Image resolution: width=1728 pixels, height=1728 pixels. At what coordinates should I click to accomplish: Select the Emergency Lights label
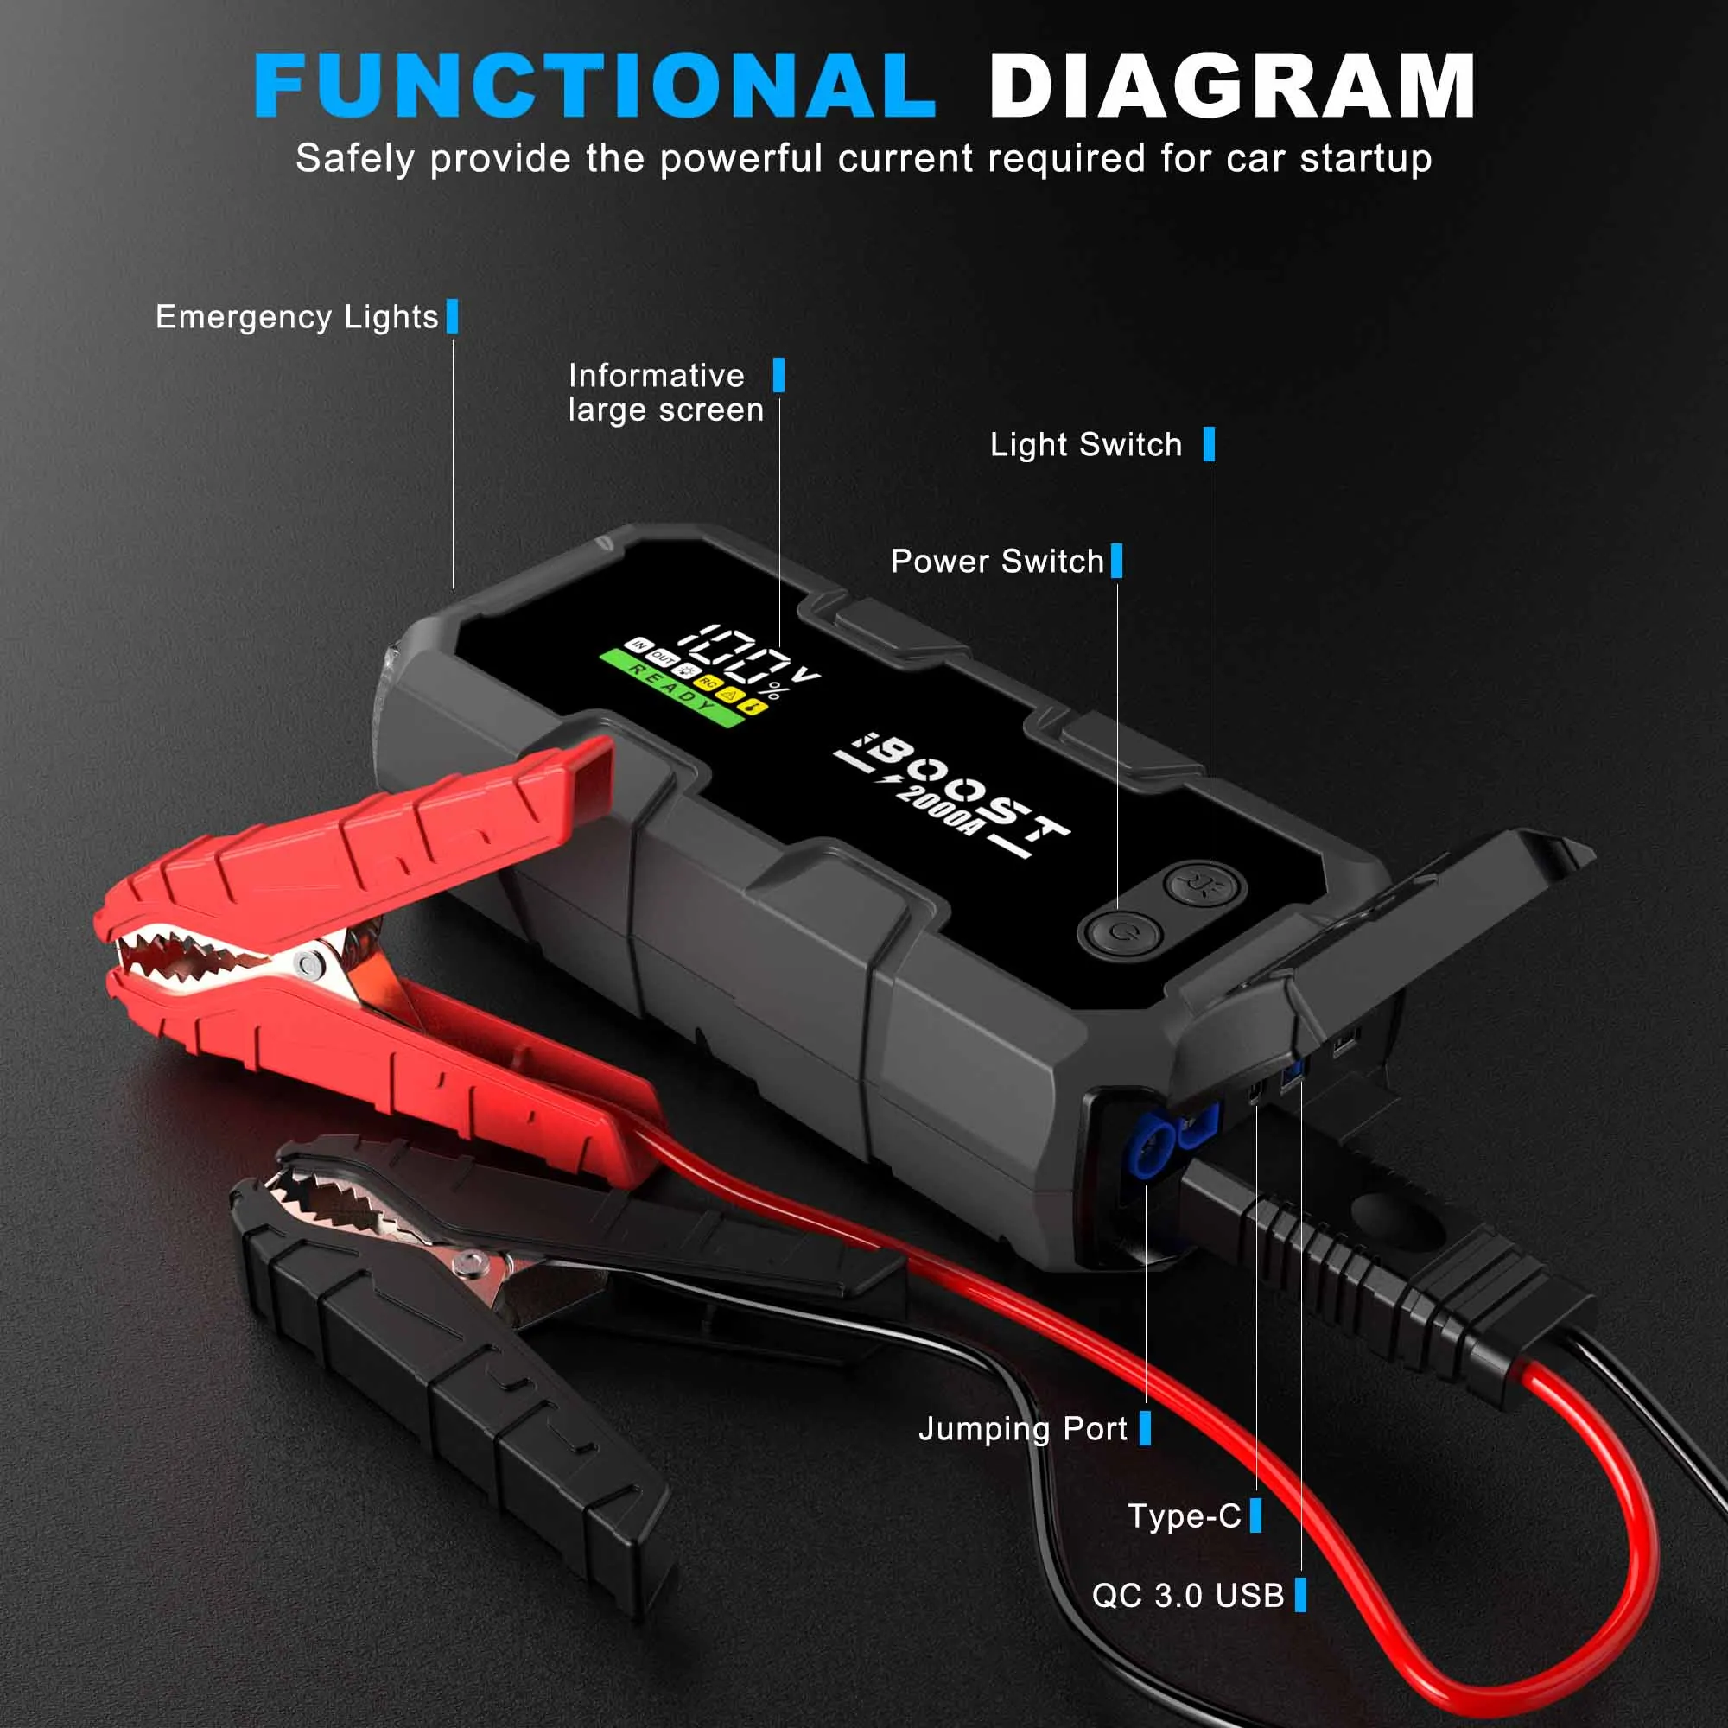pyautogui.click(x=297, y=317)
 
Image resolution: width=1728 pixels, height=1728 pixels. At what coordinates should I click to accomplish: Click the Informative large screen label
pyautogui.click(x=665, y=392)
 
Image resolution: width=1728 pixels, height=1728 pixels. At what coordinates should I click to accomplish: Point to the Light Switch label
pyautogui.click(x=1086, y=444)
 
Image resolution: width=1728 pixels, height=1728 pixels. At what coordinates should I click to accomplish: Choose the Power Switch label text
pyautogui.click(x=997, y=562)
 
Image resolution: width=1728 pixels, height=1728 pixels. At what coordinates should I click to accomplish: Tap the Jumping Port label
pyautogui.click(x=1022, y=1428)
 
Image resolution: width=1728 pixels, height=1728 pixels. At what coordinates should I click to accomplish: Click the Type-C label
pyautogui.click(x=1185, y=1515)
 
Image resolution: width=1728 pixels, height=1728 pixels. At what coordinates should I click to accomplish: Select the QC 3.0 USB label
pyautogui.click(x=1188, y=1595)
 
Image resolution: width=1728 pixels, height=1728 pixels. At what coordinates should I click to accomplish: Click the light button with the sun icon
pyautogui.click(x=1200, y=886)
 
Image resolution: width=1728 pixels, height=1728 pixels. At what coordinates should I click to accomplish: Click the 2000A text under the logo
pyautogui.click(x=936, y=810)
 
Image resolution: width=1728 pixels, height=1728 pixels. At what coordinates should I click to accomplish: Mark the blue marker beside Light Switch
pyautogui.click(x=1210, y=444)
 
